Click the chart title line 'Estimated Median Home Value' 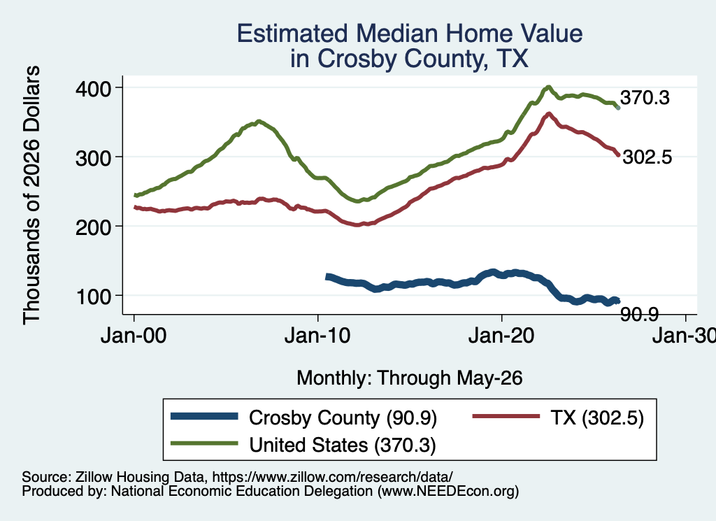point(410,34)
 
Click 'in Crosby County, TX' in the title point(410,59)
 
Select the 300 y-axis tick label point(94,157)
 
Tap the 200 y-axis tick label point(94,227)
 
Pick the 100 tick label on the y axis point(94,296)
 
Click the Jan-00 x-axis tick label point(134,336)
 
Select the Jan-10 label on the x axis point(317,336)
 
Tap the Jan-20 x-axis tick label point(501,336)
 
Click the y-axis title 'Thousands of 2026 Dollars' point(31,195)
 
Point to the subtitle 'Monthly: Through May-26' point(410,378)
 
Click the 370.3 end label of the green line point(645,98)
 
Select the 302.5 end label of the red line point(647,157)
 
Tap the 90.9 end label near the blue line point(639,314)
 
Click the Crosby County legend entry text point(343,417)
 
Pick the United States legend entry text point(343,445)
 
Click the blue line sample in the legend point(204,416)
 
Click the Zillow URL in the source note point(332,477)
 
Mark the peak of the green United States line point(548,87)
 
